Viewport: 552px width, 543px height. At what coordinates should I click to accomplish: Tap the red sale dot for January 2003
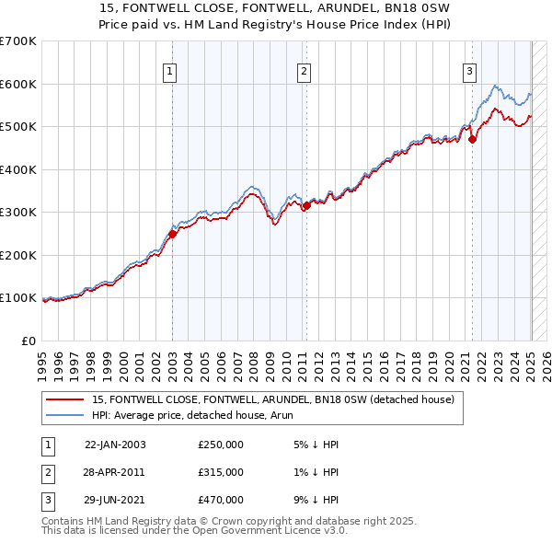coord(172,234)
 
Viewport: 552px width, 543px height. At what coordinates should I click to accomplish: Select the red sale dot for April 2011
coord(306,206)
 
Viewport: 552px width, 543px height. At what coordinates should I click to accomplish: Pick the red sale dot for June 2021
coord(473,140)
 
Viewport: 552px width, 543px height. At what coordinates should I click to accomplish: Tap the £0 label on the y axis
coord(29,341)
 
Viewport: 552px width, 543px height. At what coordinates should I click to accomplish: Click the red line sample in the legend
coord(65,400)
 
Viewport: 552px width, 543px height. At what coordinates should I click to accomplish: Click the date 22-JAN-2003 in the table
coord(115,445)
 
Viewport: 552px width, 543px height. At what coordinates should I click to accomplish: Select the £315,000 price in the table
coord(221,472)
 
